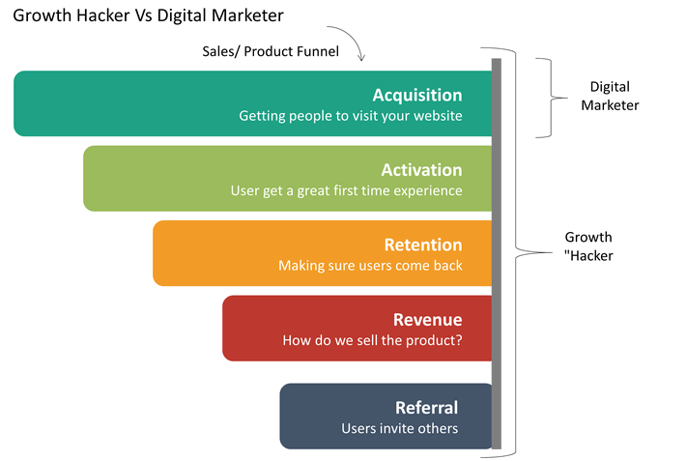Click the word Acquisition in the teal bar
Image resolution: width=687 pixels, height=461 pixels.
coord(417,96)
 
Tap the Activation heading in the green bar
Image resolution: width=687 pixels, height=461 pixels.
coord(421,170)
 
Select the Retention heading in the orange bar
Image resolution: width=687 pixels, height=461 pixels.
coord(423,245)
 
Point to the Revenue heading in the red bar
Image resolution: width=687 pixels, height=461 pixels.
coord(428,320)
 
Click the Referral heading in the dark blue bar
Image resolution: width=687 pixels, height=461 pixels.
coord(427,408)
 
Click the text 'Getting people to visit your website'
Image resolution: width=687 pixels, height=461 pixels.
coord(351,116)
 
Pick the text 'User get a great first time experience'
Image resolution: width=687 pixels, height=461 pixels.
coord(347,191)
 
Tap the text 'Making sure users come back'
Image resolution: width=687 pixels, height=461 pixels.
coord(370,266)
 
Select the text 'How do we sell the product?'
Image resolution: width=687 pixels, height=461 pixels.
coord(372,340)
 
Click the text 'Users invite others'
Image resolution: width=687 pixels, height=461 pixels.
coord(400,428)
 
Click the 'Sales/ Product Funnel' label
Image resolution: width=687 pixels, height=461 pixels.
coord(271,52)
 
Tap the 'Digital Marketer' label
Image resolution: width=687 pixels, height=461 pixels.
coord(610,96)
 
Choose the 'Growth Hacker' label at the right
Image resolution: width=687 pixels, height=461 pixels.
coord(588,246)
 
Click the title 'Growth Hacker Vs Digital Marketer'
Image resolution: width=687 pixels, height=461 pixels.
coord(148,15)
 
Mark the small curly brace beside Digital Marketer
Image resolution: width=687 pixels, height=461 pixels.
coord(551,99)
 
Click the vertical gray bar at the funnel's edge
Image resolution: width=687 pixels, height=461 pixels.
coord(497,254)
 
